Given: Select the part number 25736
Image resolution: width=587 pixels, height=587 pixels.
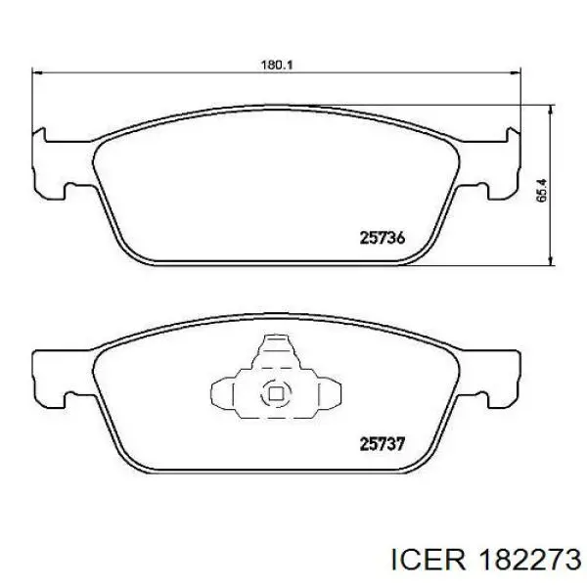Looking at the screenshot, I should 382,237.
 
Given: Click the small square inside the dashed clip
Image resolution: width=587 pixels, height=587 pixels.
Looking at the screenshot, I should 275,395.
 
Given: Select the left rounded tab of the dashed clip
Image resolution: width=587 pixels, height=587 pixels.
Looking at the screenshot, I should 223,395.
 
